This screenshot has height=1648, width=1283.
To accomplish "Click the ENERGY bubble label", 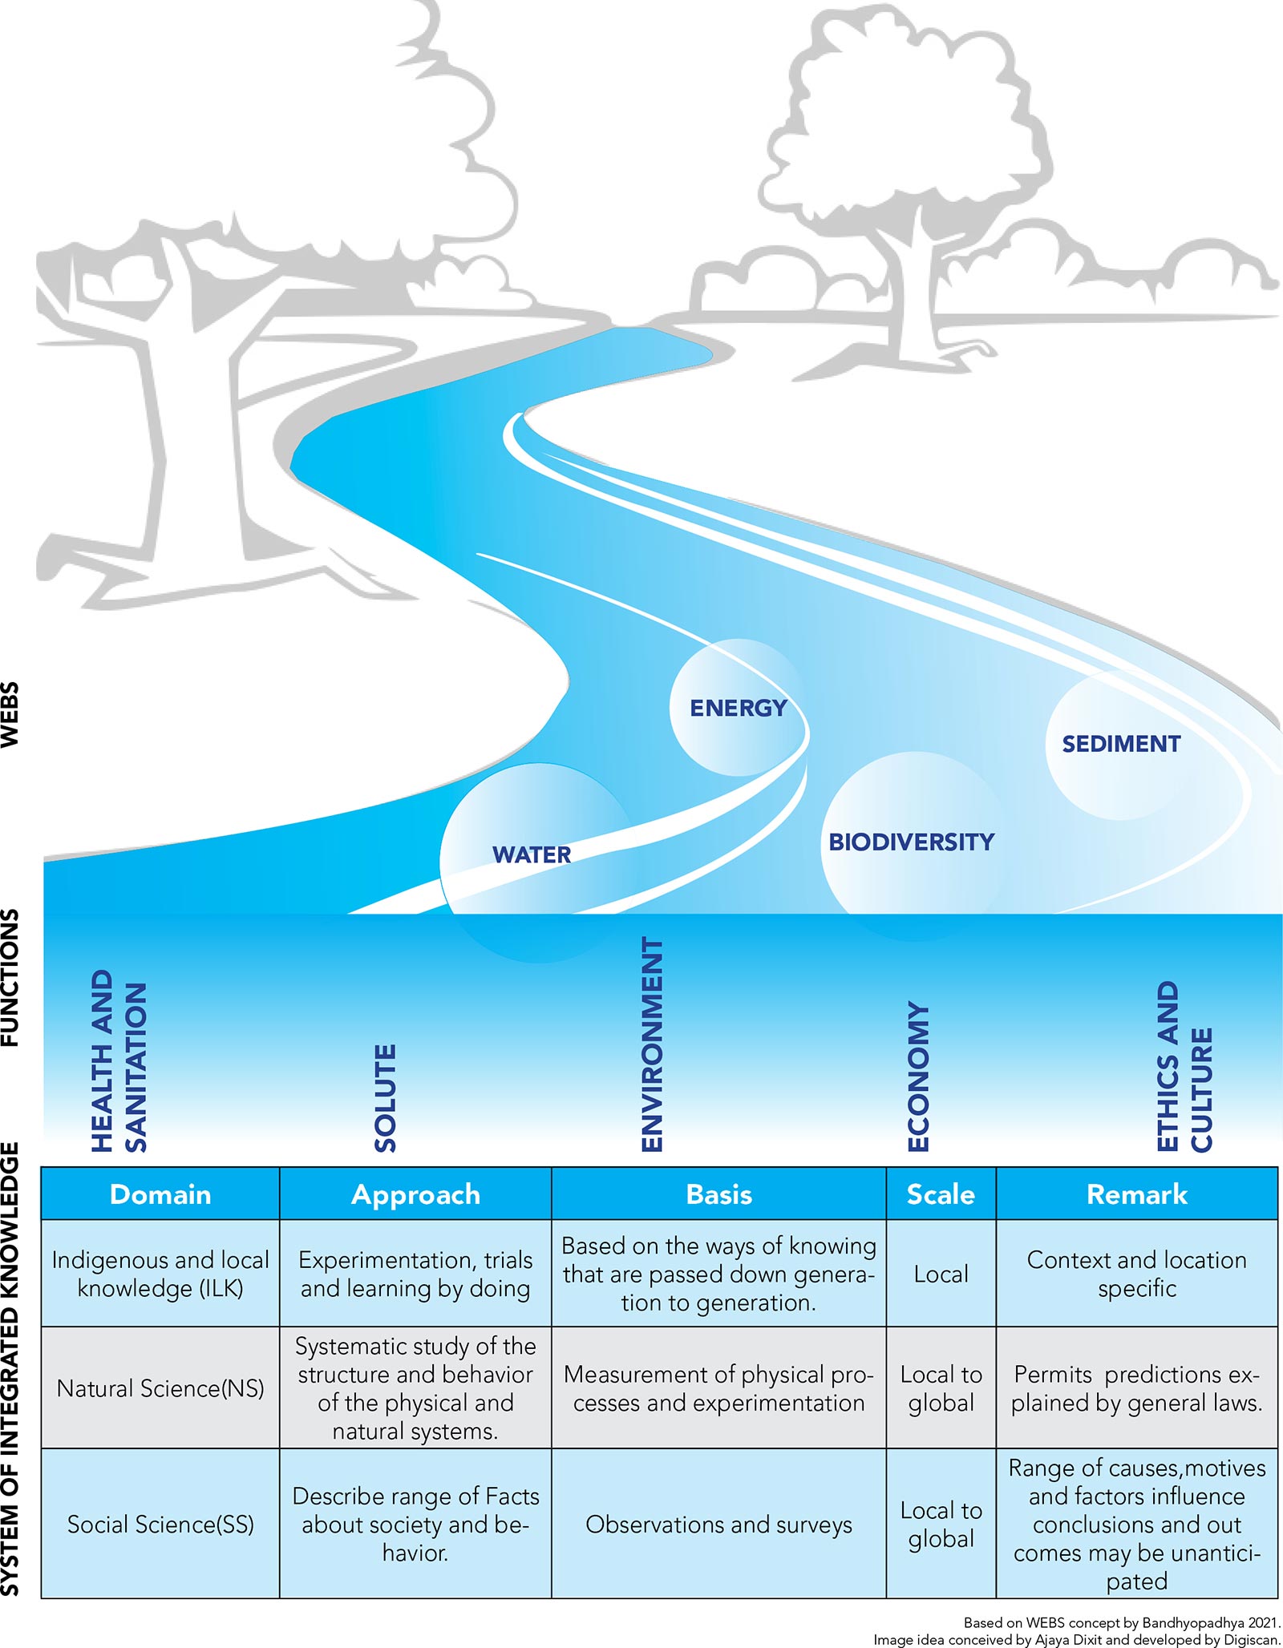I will (738, 708).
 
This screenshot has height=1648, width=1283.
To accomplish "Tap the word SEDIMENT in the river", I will (1121, 744).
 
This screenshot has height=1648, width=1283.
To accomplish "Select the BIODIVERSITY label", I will (911, 842).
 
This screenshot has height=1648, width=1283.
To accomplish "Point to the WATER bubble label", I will (532, 854).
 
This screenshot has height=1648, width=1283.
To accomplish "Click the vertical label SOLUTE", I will (386, 1097).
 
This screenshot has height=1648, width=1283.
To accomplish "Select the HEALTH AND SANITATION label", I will (119, 1061).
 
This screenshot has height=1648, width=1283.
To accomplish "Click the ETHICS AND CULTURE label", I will (1184, 1066).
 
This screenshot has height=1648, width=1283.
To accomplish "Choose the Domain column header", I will (160, 1194).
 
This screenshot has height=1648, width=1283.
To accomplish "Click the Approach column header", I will (415, 1194).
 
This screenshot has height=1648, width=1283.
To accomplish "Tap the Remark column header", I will (1136, 1194).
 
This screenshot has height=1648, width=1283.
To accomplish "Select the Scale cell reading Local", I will (941, 1274).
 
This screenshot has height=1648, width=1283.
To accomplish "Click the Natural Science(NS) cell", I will (160, 1388).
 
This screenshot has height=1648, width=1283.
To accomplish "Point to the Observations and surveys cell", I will (718, 1524).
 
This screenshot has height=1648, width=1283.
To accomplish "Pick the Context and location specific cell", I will (1136, 1274).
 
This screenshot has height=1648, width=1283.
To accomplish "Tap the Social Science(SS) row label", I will (160, 1524).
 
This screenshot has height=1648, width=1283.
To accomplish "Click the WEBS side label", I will (10, 714).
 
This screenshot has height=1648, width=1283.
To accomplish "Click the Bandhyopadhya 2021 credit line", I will (1121, 1622).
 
